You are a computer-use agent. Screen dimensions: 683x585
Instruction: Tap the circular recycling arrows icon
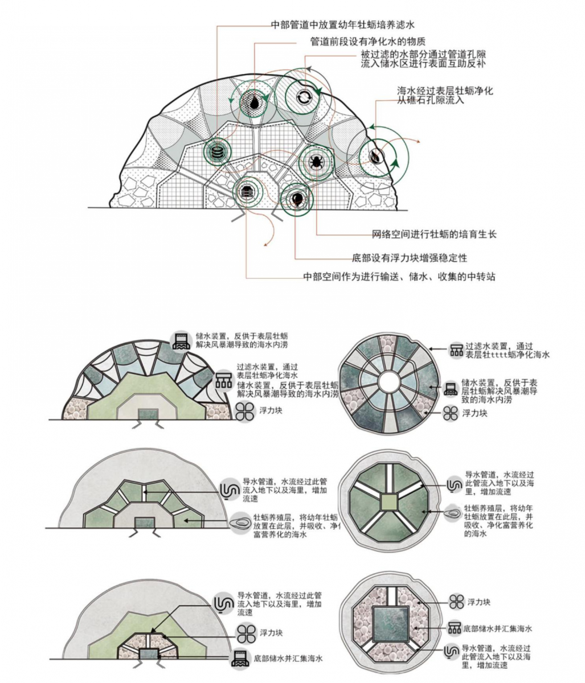(303, 97)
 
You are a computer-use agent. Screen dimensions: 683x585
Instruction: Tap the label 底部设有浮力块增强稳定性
(410, 258)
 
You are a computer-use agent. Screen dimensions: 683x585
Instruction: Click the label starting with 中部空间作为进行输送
(399, 277)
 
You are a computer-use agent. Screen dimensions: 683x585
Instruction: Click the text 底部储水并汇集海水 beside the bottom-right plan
(497, 628)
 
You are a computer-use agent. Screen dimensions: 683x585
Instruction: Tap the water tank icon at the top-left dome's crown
(182, 340)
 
